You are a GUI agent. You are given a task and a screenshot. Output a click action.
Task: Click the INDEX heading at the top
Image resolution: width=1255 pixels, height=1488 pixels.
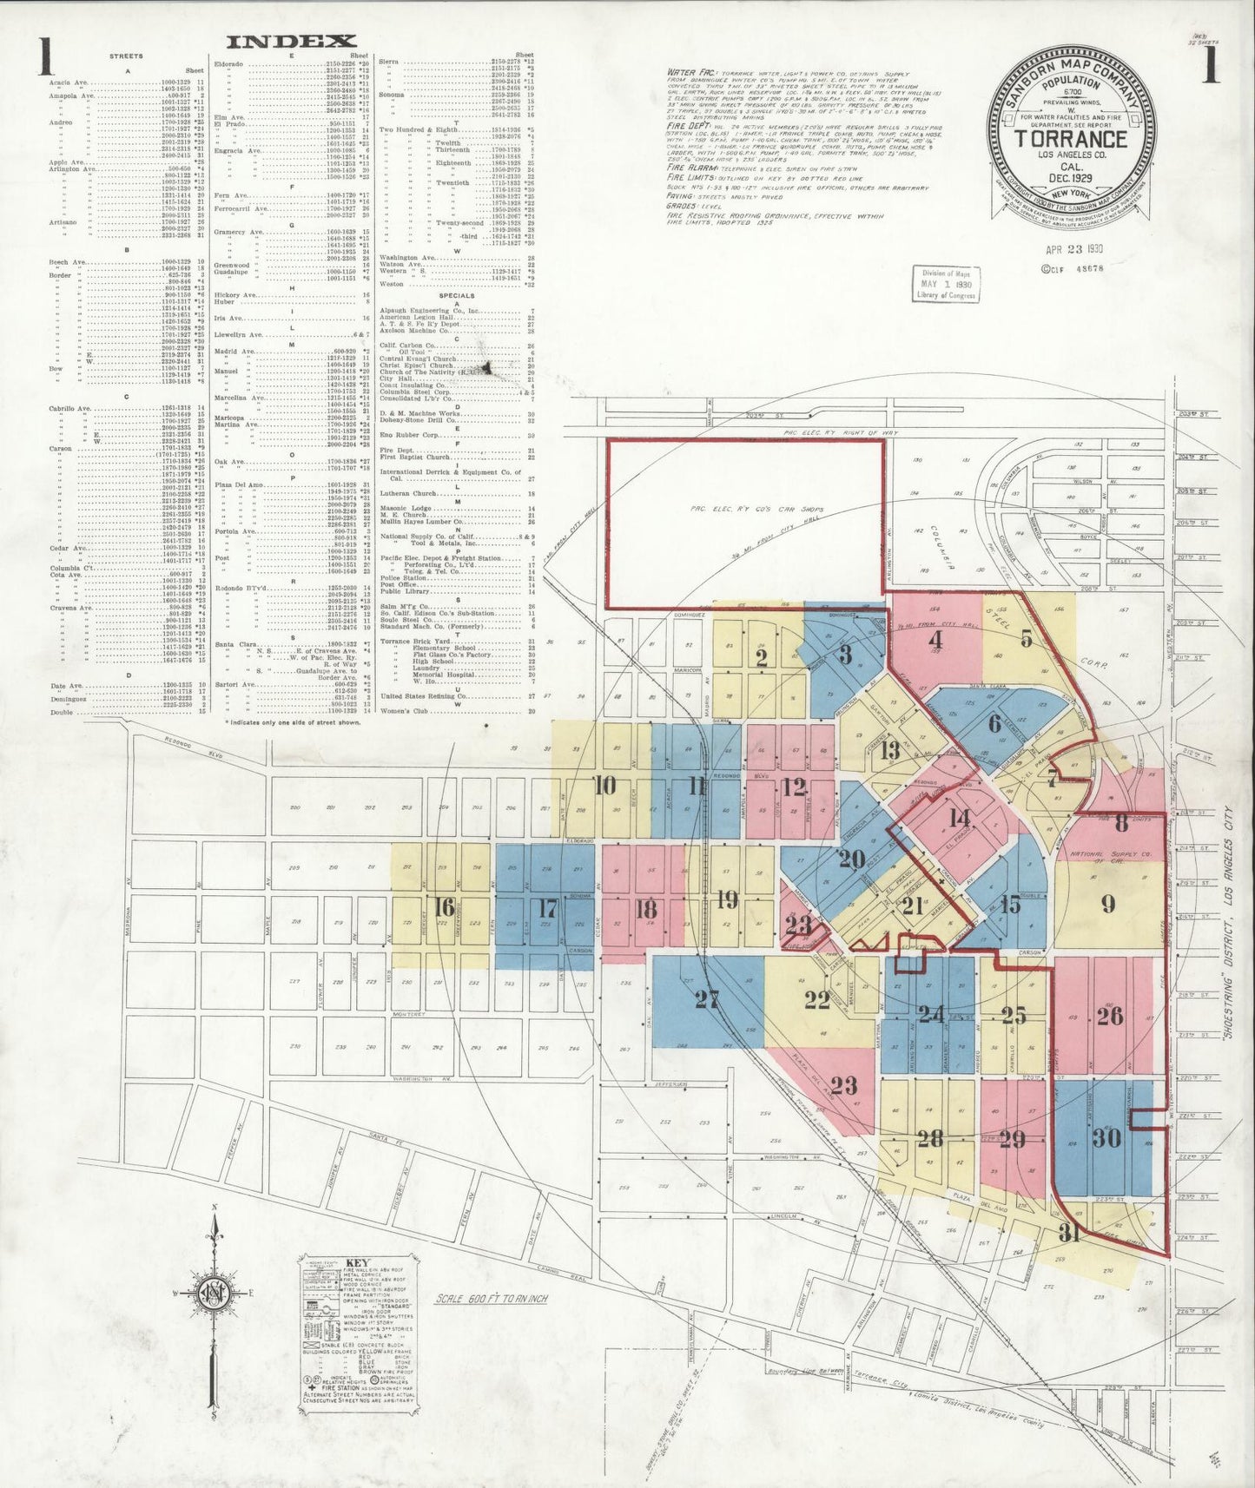point(292,41)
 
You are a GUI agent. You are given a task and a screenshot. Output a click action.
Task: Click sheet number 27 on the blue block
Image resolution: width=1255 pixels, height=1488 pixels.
point(708,999)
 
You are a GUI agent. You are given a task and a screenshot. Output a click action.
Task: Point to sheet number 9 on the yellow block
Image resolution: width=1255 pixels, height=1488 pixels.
point(1108,904)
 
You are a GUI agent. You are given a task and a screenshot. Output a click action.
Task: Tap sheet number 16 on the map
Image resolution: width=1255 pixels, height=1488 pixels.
point(444,908)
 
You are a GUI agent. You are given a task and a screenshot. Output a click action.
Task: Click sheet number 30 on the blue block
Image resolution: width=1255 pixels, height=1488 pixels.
point(1106,1137)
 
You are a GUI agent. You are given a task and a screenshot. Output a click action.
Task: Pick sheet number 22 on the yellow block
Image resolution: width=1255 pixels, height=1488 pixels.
point(816,1000)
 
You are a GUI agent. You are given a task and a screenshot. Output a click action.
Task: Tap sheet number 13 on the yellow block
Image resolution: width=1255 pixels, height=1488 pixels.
point(890,750)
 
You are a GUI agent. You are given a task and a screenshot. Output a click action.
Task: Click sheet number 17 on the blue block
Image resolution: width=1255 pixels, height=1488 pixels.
point(547,909)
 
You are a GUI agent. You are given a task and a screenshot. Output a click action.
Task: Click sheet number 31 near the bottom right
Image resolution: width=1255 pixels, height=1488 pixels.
point(1070,1232)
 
